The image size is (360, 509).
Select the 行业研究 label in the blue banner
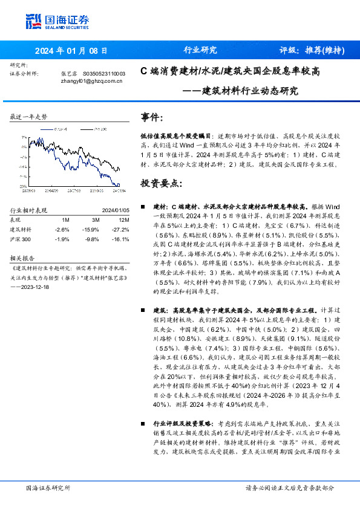pos(200,50)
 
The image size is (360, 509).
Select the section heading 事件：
pos(152,117)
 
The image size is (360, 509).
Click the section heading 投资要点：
pos(160,183)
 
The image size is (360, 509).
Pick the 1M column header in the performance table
pos(65,220)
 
